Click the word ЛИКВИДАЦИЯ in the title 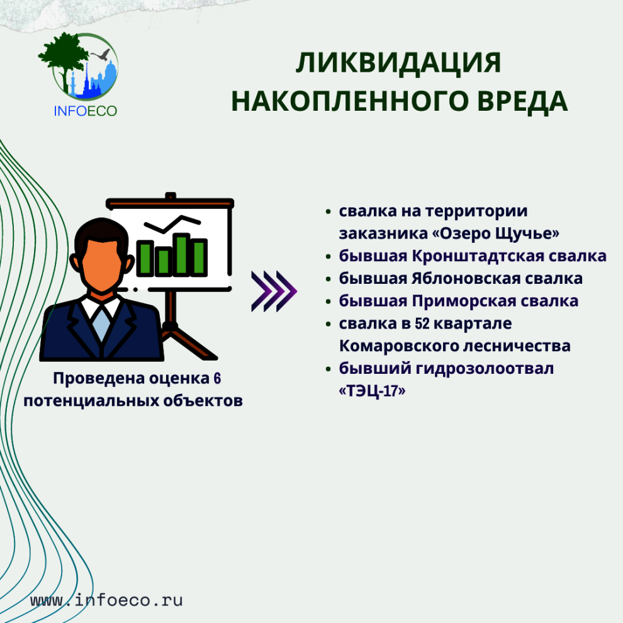click(398, 63)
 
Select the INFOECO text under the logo click(86, 111)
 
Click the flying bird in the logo click(101, 54)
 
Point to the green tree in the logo click(63, 58)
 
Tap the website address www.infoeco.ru click(106, 600)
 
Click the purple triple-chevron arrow click(274, 291)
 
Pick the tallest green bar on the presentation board click(182, 254)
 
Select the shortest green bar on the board click(163, 261)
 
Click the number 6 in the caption click(217, 378)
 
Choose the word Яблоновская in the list click(466, 279)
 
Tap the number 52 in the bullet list click(422, 324)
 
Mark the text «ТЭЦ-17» click(372, 391)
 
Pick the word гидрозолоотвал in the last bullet click(485, 369)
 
